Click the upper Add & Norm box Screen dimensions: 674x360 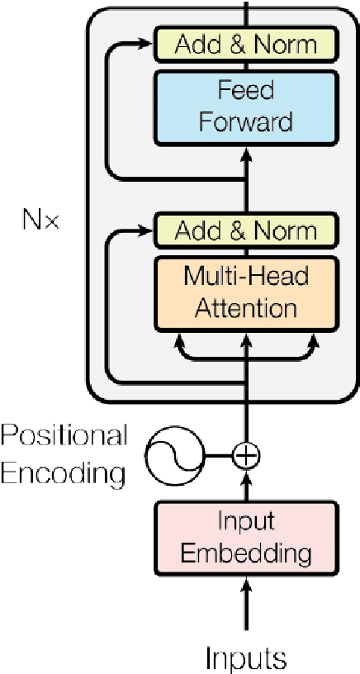[245, 42]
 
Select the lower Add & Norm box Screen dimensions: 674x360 [245, 230]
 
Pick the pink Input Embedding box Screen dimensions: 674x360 [245, 538]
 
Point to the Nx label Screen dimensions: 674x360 [41, 221]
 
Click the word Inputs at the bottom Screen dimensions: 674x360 [245, 657]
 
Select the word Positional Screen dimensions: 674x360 [64, 435]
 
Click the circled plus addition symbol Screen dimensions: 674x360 [245, 454]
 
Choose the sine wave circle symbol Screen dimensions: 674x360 [174, 455]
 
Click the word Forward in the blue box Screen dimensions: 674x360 [245, 121]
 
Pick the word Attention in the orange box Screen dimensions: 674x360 [245, 308]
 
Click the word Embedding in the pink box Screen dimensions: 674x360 [245, 553]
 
